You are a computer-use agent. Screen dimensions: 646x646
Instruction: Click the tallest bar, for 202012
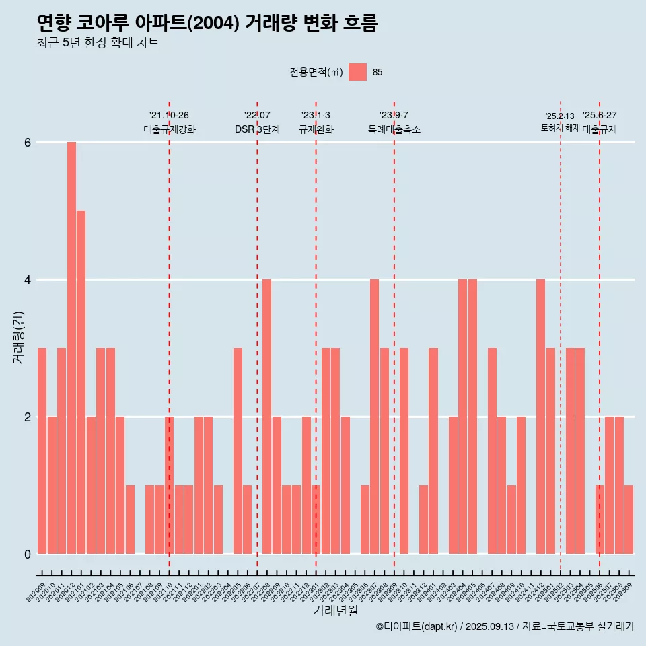click(x=71, y=348)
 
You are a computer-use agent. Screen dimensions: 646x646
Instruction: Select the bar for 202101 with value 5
click(x=81, y=382)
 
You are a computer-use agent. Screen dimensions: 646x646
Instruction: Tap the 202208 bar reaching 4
click(x=266, y=417)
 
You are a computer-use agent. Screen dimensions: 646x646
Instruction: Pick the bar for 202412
click(x=540, y=417)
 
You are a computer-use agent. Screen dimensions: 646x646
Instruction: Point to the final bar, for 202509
click(x=629, y=519)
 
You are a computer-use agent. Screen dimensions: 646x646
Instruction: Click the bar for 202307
click(x=374, y=417)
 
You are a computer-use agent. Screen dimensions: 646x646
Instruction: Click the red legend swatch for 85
click(x=358, y=72)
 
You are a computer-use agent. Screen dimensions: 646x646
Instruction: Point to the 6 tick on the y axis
click(x=28, y=143)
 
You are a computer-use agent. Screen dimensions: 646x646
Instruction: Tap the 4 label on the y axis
click(x=28, y=280)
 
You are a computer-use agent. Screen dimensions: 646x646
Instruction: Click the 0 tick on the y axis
click(x=28, y=554)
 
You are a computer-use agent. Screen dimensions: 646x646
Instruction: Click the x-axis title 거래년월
click(x=335, y=610)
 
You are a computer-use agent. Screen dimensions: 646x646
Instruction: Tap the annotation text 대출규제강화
click(x=170, y=130)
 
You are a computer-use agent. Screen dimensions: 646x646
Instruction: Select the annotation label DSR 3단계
click(x=257, y=130)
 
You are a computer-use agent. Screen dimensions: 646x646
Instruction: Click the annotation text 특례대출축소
click(x=394, y=130)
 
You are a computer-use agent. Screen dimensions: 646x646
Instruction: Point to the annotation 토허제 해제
click(x=560, y=128)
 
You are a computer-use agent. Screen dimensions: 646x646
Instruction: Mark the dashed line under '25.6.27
click(x=600, y=336)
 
